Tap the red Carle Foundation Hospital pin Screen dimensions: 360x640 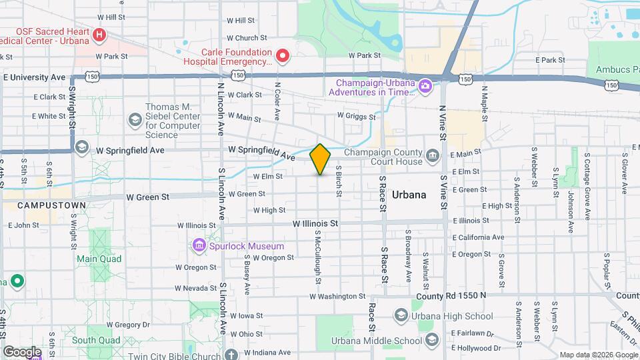point(283,55)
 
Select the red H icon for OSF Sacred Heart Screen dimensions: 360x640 point(99,34)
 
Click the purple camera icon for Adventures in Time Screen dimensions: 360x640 point(425,87)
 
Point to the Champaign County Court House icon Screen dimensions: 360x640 point(433,157)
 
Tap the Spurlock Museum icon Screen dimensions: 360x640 point(198,246)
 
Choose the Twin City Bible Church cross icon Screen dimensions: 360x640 point(231,355)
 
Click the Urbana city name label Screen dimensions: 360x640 point(409,195)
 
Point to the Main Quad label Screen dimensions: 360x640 point(97,259)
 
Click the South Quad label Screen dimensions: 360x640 point(96,340)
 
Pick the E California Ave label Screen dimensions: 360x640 point(479,237)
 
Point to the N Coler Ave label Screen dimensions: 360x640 point(276,100)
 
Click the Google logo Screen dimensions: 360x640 point(22,351)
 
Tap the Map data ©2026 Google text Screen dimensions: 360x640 point(597,355)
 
